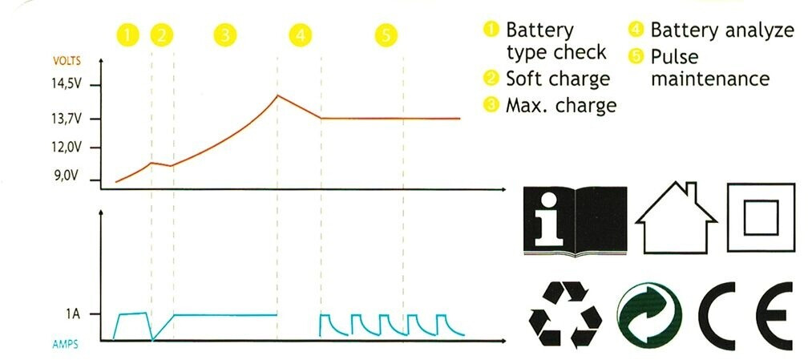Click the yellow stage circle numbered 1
coord(128,34)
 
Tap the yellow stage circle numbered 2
coord(162,34)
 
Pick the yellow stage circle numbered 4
coord(299,34)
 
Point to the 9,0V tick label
coord(69,176)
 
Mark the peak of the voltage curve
coord(277,95)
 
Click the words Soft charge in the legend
coord(558,79)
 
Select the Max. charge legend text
coord(560,105)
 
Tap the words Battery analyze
coord(719,30)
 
